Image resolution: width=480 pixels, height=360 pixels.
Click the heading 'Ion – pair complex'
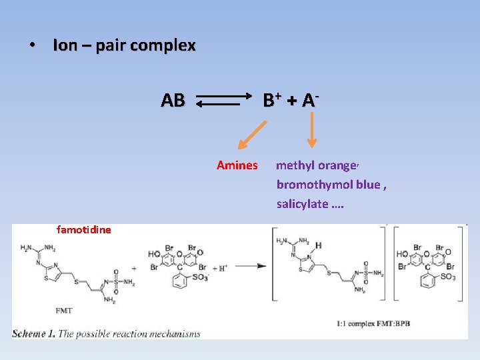click(x=124, y=45)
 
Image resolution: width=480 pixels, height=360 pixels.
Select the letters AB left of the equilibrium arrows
click(x=173, y=101)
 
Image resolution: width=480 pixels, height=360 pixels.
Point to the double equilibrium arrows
click(x=223, y=101)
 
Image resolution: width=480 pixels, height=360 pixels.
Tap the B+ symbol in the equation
click(x=272, y=100)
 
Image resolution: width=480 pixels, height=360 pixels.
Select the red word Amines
click(x=237, y=165)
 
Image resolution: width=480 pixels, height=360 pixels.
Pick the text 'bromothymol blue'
click(x=328, y=184)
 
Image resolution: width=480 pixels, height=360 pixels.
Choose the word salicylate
click(x=301, y=203)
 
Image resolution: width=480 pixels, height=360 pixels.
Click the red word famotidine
click(x=84, y=230)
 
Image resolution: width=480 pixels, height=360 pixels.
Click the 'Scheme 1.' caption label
click(x=33, y=333)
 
